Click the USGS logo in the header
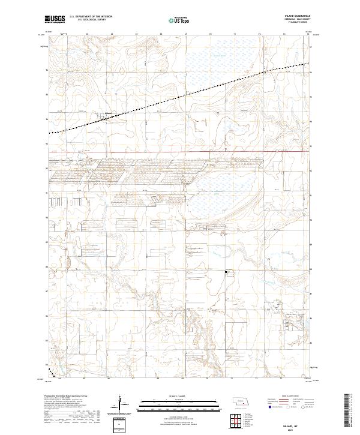pos(55,20)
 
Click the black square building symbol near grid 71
pos(226,272)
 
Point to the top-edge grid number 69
pos(185,34)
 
